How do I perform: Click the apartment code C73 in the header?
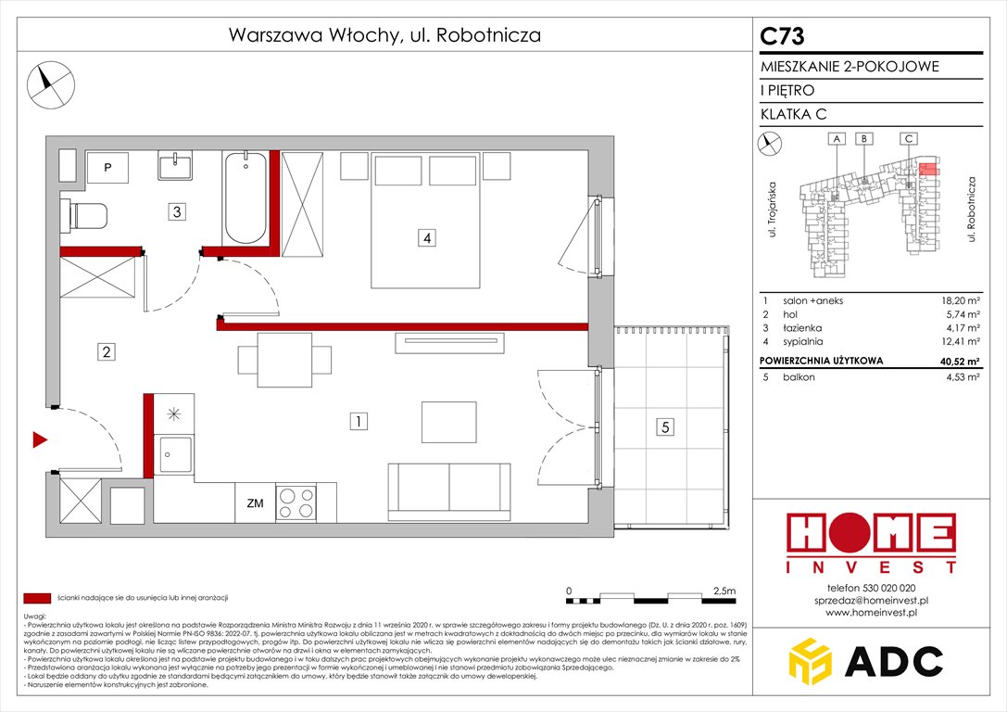(x=782, y=37)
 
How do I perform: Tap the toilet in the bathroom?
(x=85, y=216)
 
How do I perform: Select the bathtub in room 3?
(x=245, y=198)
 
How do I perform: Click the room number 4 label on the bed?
(x=425, y=238)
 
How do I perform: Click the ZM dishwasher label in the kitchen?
(x=255, y=503)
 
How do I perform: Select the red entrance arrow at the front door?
(x=40, y=439)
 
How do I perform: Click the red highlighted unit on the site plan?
(x=929, y=169)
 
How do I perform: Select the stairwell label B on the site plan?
(x=863, y=138)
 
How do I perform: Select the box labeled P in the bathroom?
(x=108, y=168)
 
